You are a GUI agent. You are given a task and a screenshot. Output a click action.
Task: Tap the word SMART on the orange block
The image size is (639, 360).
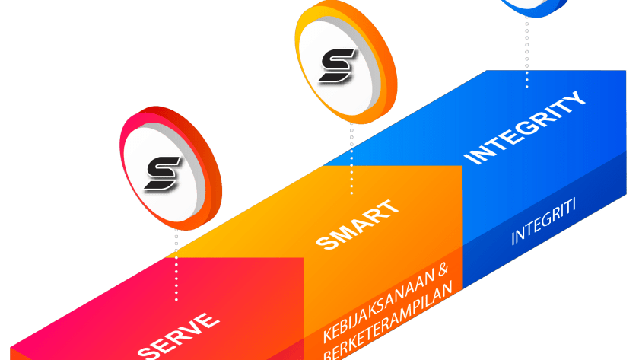coord(356,225)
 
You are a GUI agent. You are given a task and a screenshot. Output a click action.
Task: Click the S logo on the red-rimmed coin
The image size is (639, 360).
coord(163,174)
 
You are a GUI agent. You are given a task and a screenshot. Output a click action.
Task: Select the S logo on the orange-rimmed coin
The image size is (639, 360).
coord(335,65)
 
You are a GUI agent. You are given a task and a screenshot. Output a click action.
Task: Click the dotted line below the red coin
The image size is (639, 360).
coord(176,263)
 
